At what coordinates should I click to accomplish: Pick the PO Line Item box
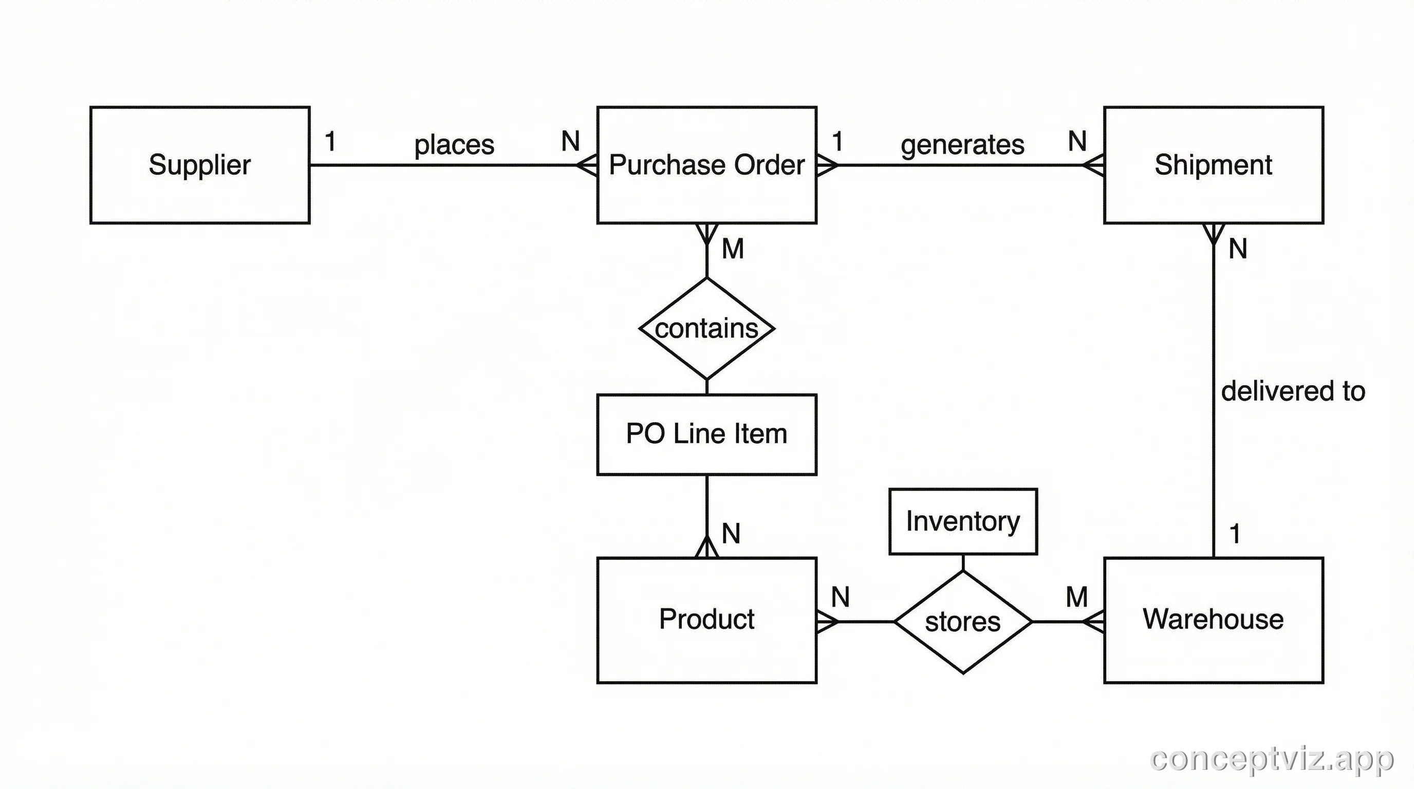[706, 434]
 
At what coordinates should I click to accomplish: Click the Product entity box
[706, 620]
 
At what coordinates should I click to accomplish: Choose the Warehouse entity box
[1213, 620]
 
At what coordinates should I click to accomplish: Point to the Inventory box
[963, 521]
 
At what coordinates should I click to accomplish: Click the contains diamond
[706, 329]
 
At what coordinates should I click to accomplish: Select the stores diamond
[963, 622]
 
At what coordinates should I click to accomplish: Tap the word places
[454, 145]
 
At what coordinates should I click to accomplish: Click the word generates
[962, 145]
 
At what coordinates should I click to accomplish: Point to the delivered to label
[1293, 391]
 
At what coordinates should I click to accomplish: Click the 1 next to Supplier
[330, 142]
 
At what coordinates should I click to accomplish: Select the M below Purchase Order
[733, 249]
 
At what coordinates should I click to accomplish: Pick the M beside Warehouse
[1076, 597]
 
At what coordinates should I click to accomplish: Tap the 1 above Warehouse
[1235, 534]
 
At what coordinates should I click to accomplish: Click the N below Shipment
[1238, 249]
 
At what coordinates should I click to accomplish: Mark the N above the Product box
[731, 534]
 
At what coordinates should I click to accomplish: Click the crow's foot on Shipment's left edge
[1094, 164]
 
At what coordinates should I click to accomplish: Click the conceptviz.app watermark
[1271, 760]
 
